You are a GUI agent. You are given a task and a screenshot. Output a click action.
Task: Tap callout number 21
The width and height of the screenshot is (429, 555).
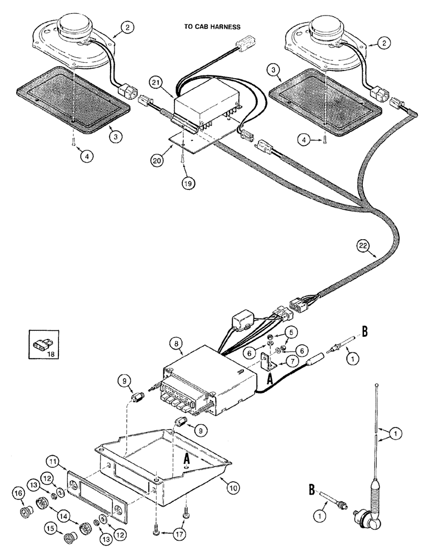tap(155, 82)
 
